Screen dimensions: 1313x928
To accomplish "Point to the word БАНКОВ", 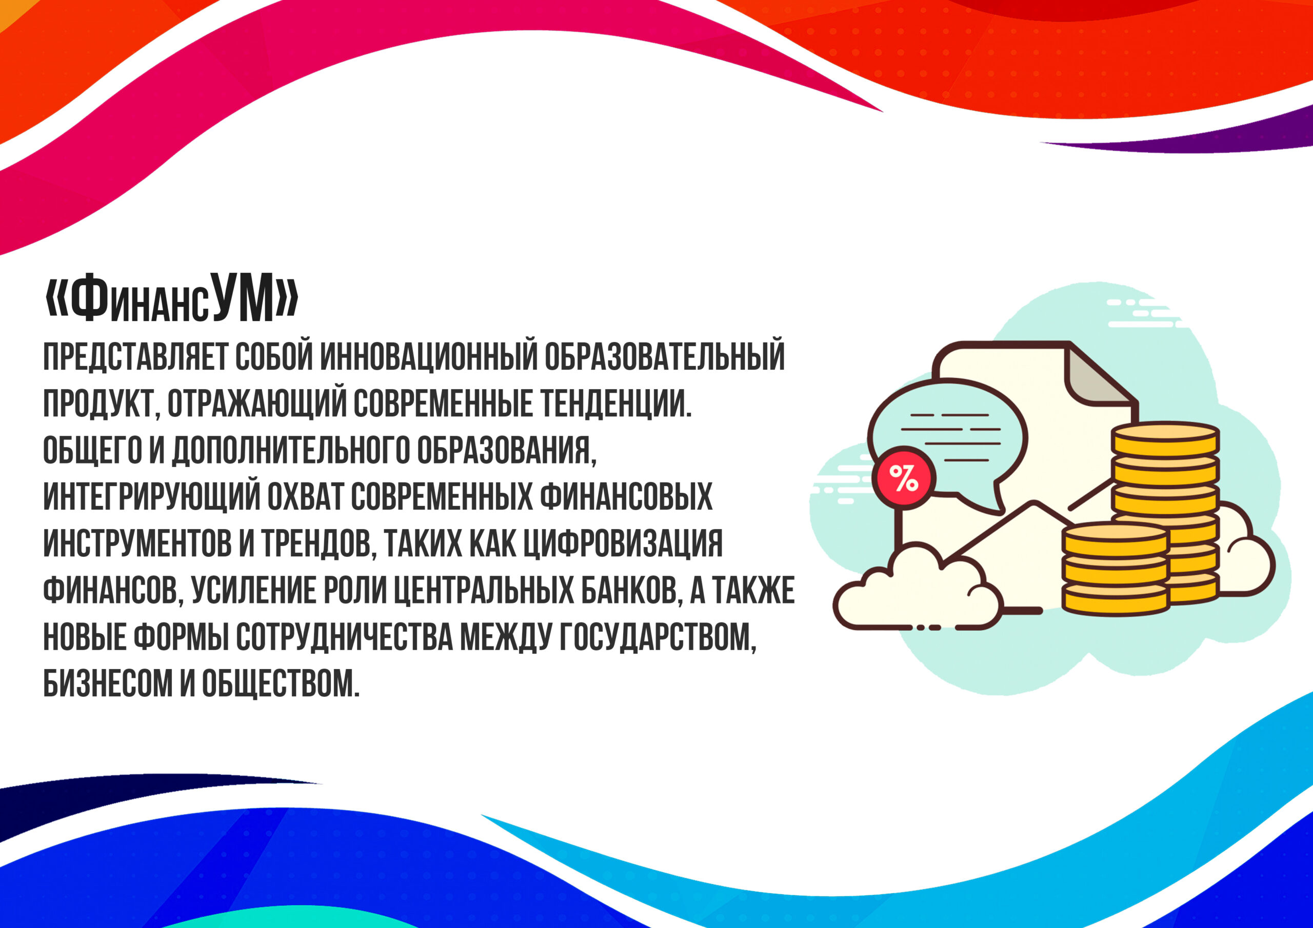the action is [x=630, y=590].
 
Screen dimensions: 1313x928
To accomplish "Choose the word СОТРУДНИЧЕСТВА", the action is [x=345, y=636].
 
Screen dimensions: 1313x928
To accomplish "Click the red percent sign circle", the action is [x=905, y=478].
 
